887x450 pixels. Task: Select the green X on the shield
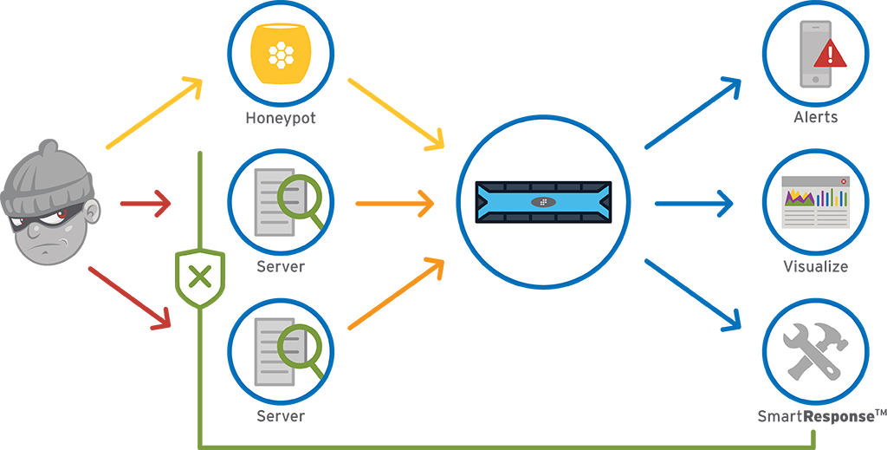coord(200,277)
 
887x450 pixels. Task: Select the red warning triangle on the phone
coord(831,54)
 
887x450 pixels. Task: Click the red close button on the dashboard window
coord(844,181)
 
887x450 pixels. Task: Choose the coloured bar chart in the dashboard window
coord(832,198)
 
